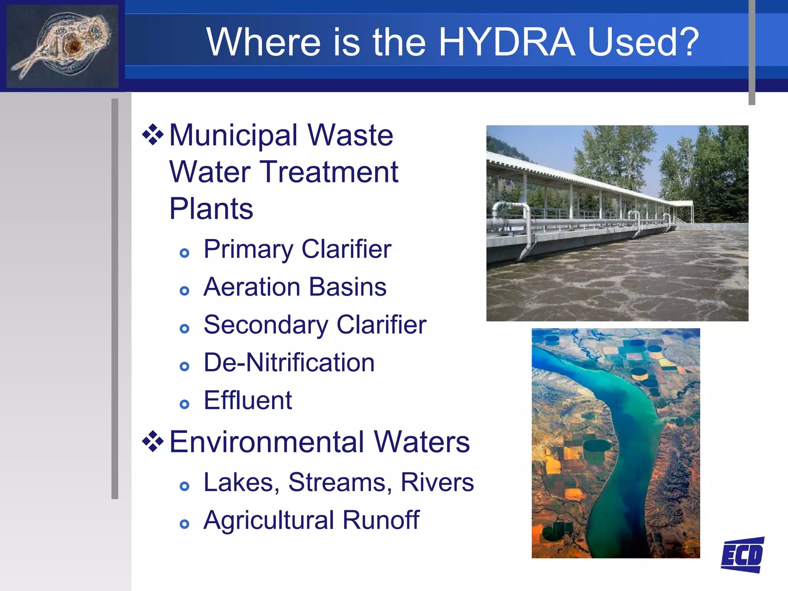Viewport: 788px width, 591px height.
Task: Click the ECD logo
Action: tap(742, 554)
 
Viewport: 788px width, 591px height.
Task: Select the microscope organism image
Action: tap(62, 46)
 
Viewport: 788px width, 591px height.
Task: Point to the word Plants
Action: tap(211, 209)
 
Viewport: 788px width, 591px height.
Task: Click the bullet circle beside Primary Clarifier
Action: tap(185, 253)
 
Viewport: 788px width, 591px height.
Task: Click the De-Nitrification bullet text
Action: tap(289, 363)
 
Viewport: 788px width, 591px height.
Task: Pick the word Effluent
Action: tap(248, 401)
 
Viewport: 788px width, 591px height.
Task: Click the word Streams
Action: tap(340, 482)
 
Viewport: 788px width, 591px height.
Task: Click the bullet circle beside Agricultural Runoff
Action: tap(185, 524)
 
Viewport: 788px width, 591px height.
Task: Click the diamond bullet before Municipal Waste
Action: tap(153, 135)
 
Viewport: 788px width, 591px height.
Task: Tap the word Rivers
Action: tap(437, 482)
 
